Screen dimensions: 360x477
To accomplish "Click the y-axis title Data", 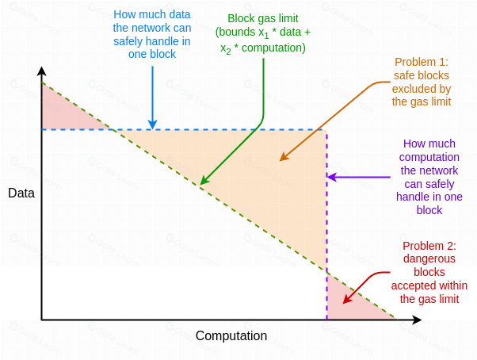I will pos(21,193).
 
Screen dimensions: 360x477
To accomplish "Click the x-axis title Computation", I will pos(231,336).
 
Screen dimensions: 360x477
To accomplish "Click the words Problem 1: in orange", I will pos(421,61).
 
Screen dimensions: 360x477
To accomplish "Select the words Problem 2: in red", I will pos(429,245).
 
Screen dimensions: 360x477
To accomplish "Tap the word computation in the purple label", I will pos(429,157).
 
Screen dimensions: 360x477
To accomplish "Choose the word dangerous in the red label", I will pos(429,259).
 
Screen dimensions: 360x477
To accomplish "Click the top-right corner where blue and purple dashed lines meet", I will pos(326,129).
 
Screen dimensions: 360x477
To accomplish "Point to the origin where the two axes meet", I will pos(42,320).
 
